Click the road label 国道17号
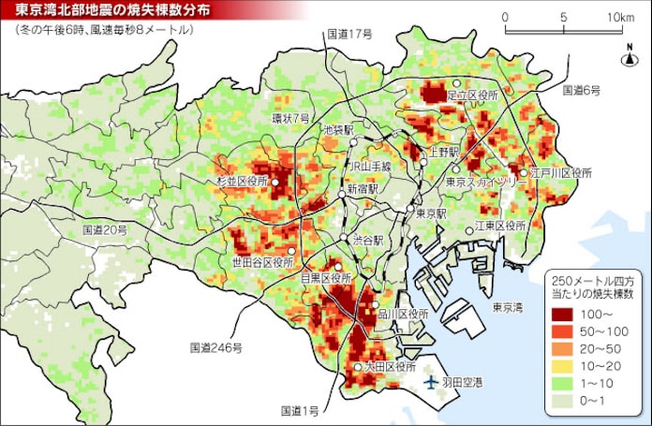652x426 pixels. click(x=349, y=34)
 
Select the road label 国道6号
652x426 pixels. click(x=581, y=91)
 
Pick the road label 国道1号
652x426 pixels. click(x=301, y=411)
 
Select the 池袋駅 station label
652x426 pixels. click(x=338, y=130)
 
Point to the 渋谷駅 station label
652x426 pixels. click(x=368, y=240)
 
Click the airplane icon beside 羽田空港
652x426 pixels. click(x=430, y=383)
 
